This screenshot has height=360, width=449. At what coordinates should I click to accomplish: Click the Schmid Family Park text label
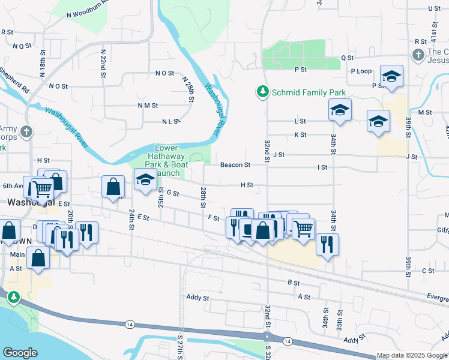pos(309,93)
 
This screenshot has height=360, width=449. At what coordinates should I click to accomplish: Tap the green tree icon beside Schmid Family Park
pos(262,92)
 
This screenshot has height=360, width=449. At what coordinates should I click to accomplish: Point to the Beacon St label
pos(235,164)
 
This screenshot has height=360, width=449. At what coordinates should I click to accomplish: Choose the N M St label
pos(147,105)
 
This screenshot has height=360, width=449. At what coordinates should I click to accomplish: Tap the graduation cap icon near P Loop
pos(391,77)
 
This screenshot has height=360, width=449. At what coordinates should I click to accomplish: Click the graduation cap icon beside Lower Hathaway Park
pos(145,180)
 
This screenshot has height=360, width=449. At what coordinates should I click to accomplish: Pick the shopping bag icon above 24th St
pos(113,187)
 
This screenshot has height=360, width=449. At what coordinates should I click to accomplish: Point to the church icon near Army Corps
pos(26,131)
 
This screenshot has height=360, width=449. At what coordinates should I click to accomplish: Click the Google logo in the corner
pos(20,352)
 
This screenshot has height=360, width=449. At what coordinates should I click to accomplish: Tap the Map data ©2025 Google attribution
pos(411,355)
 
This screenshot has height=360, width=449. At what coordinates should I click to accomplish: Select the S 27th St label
pos(179,347)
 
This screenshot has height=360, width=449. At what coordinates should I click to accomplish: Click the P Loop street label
pos(361,71)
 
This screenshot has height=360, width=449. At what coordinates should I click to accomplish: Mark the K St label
pos(300,134)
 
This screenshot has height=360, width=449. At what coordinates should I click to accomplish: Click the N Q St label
pos(22,45)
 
